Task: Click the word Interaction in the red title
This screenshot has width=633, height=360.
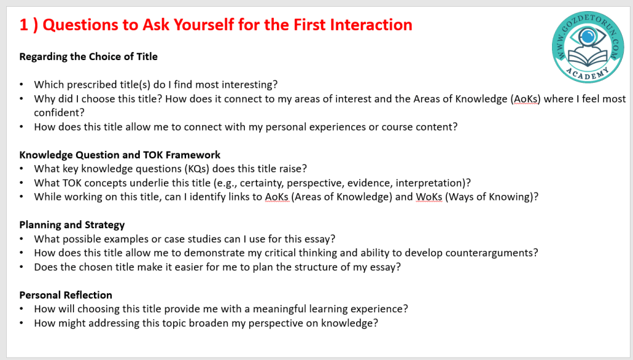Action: click(371, 25)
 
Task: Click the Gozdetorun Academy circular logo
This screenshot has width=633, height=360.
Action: click(588, 47)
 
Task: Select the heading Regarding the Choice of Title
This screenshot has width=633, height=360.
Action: click(88, 56)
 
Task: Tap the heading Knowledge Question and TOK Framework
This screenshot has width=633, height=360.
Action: click(120, 155)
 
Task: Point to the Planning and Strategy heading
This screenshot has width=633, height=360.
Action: click(72, 225)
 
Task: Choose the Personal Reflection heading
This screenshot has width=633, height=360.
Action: click(66, 295)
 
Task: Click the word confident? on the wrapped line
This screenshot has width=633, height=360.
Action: click(59, 113)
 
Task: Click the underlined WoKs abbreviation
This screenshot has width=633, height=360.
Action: click(429, 197)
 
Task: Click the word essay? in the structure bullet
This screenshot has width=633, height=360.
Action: click(386, 267)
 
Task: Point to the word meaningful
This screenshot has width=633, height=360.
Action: click(279, 309)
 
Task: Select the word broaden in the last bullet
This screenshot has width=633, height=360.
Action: click(208, 324)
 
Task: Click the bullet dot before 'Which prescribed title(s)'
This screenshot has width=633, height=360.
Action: click(22, 85)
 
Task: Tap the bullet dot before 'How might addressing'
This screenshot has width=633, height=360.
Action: click(22, 324)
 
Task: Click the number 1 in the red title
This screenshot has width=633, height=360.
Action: click(24, 25)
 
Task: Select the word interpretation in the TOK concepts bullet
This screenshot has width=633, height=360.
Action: click(429, 183)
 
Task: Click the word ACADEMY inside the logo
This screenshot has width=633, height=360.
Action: click(587, 73)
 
